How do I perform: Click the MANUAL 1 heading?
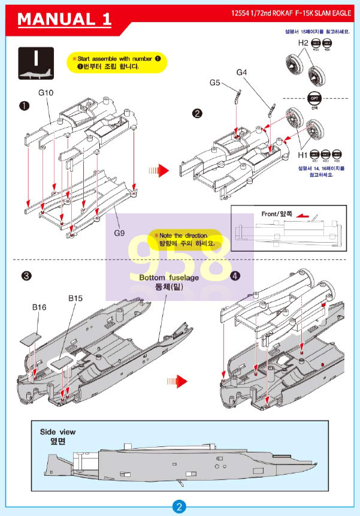click(x=65, y=19)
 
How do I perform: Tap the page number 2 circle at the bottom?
click(x=180, y=506)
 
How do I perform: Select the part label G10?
click(x=46, y=93)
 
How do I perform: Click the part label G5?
click(x=216, y=83)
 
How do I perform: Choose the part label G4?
click(x=242, y=72)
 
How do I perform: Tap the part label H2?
click(x=303, y=43)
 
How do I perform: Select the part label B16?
click(x=39, y=307)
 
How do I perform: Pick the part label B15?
click(x=75, y=298)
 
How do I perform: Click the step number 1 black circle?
click(x=24, y=106)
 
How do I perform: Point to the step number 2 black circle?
click(x=196, y=114)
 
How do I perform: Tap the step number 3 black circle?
click(x=26, y=276)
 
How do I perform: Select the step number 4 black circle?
click(x=235, y=276)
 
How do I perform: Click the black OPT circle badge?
click(x=314, y=98)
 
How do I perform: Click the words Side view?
click(x=58, y=431)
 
